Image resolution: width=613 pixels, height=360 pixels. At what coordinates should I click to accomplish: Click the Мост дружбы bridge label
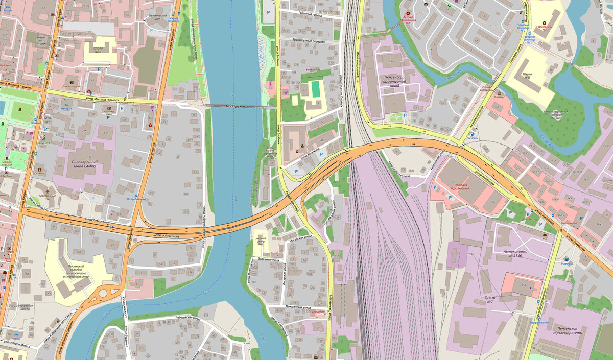point(235,106)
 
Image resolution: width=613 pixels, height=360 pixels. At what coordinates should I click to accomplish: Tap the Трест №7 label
point(489,299)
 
